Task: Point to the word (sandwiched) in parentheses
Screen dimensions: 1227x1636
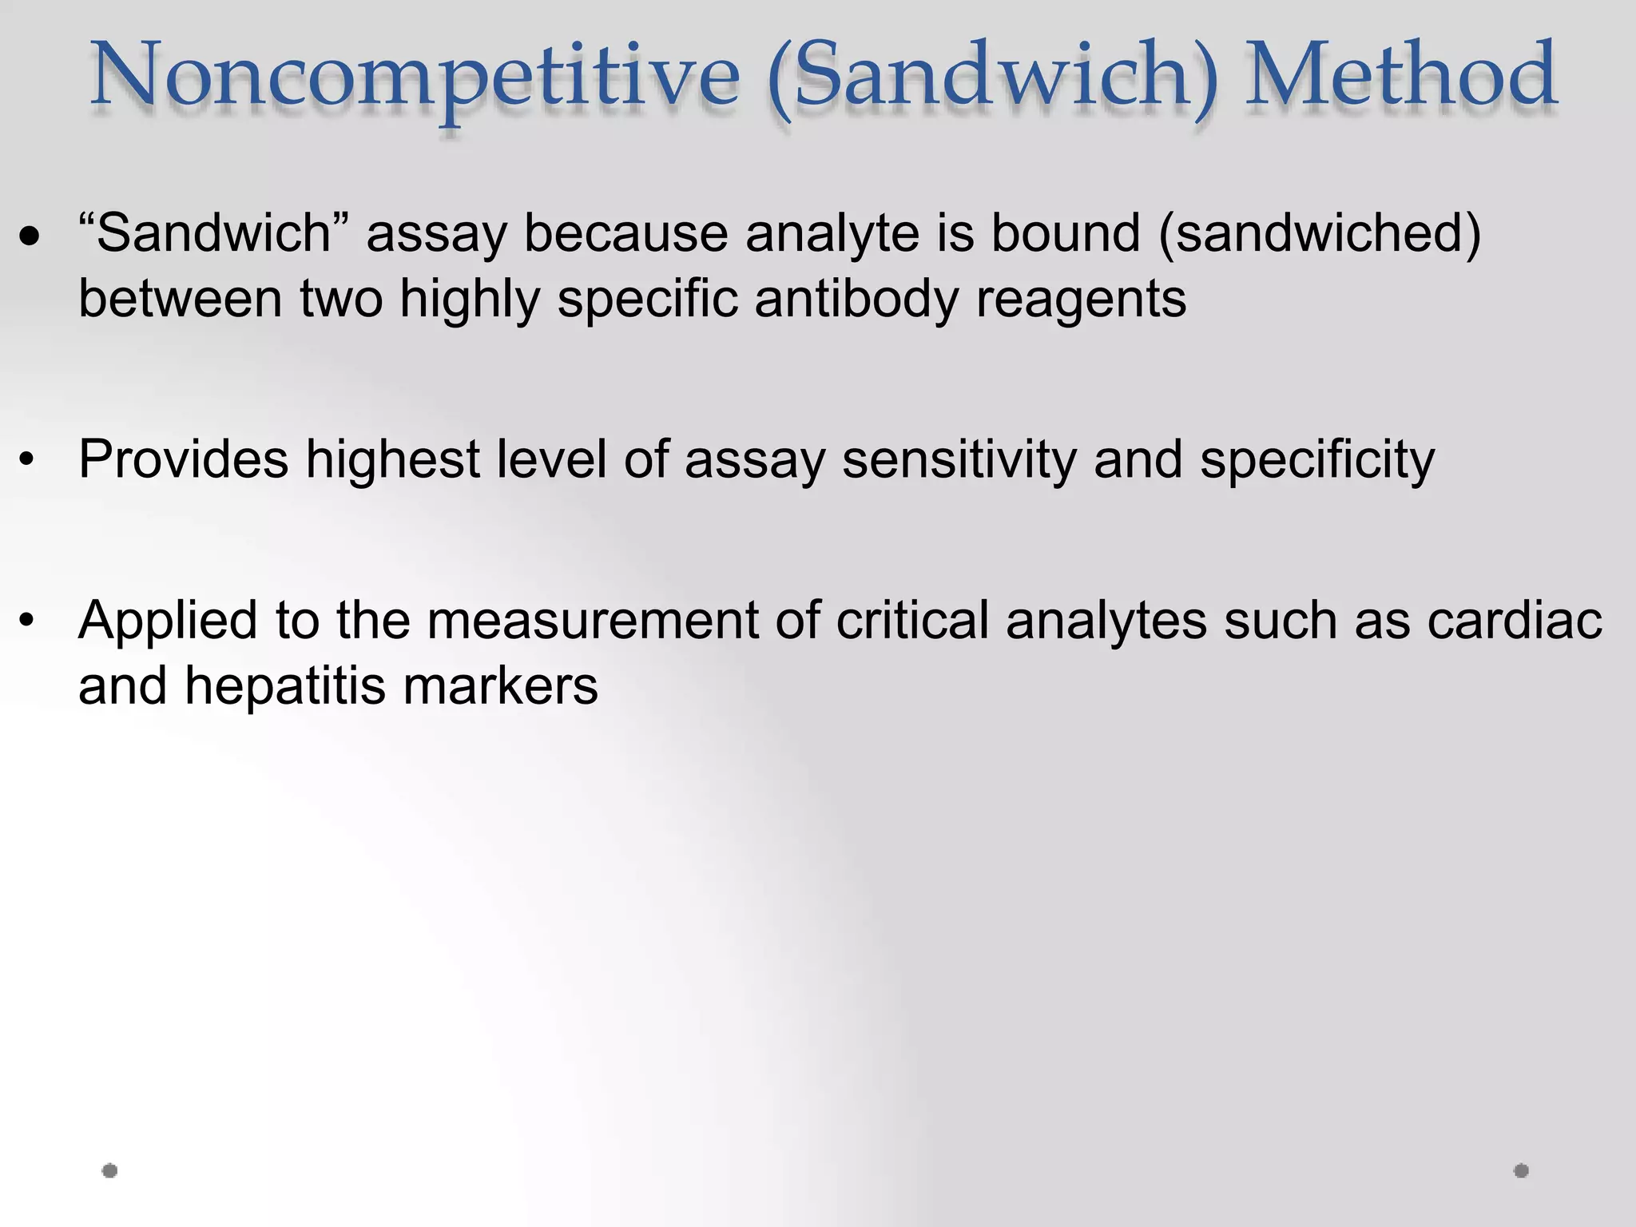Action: click(x=1319, y=235)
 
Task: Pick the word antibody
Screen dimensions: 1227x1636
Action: click(x=856, y=300)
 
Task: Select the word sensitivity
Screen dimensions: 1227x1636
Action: click(x=959, y=461)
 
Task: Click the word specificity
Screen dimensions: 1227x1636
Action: click(x=1317, y=461)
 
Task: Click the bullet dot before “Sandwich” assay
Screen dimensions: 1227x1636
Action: click(x=30, y=236)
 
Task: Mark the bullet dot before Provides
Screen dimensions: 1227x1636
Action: click(x=29, y=461)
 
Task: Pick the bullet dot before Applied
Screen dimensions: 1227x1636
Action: click(x=29, y=621)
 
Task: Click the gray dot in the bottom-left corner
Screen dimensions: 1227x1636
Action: click(x=110, y=1171)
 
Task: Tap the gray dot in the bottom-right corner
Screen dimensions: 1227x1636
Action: click(x=1521, y=1171)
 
